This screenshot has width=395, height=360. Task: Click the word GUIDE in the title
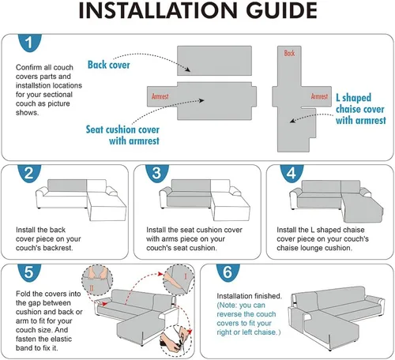tap(281, 10)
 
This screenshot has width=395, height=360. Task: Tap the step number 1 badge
tap(29, 43)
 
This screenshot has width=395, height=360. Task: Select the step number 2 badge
tap(29, 173)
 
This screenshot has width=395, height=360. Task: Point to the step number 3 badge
tap(157, 173)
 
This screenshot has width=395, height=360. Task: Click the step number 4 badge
tap(292, 173)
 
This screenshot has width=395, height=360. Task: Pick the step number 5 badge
tap(29, 272)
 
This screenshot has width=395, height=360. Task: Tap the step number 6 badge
tap(228, 272)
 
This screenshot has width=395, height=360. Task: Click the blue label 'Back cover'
tap(109, 65)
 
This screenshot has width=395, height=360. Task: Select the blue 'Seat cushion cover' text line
tap(122, 129)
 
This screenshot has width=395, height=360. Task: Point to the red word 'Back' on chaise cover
tap(289, 53)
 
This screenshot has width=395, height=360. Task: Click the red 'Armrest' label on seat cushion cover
tap(160, 96)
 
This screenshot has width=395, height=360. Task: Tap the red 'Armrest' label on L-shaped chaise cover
tap(319, 96)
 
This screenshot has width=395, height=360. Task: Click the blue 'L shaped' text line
tap(353, 98)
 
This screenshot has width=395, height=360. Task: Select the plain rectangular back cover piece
tap(214, 61)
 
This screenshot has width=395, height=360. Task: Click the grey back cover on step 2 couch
tap(67, 186)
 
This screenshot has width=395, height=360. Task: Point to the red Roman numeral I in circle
tap(186, 276)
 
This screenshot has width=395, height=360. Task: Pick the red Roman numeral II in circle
tap(92, 288)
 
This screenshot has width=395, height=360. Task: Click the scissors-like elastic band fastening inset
tap(176, 341)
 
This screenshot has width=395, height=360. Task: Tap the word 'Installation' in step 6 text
tap(232, 296)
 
